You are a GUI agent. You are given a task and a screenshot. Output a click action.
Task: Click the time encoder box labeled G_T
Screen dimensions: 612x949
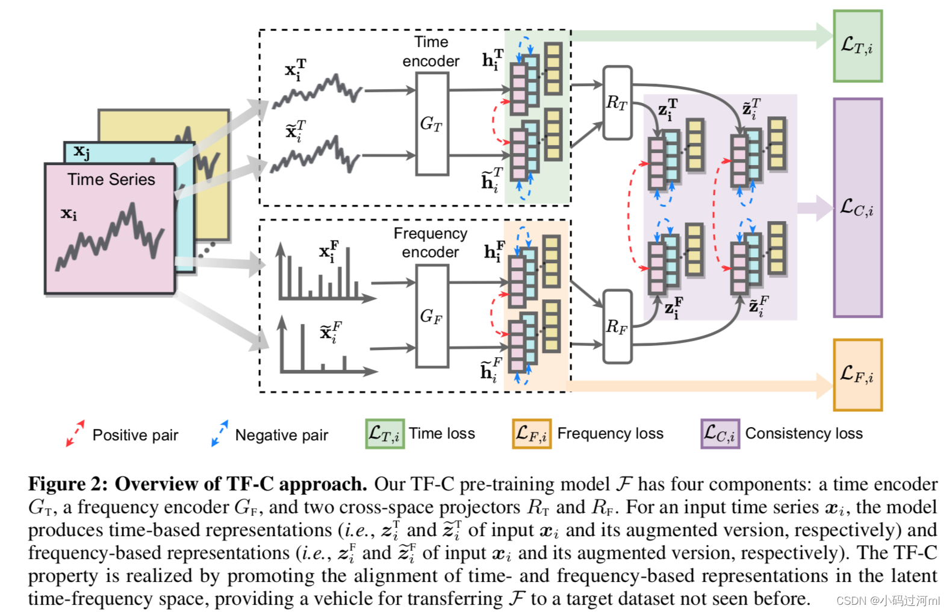432,123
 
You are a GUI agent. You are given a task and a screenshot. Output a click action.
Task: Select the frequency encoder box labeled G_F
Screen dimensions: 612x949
432,316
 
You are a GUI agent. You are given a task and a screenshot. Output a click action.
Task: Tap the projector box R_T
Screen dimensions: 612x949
617,102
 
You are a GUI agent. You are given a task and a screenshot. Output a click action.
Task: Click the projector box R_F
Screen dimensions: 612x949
617,326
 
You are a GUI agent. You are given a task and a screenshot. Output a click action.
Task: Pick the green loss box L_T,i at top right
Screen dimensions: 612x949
857,46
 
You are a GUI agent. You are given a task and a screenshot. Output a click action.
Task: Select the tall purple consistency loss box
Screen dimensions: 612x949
857,208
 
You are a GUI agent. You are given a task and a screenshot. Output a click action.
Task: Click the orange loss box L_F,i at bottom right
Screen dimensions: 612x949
857,375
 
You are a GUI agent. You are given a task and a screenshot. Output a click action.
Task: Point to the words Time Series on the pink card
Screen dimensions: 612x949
111,180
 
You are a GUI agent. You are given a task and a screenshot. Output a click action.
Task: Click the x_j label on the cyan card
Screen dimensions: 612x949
82,151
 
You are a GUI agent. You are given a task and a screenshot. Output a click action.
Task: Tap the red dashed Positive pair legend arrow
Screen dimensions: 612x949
75,433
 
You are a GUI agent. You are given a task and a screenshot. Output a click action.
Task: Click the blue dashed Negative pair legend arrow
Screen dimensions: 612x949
220,433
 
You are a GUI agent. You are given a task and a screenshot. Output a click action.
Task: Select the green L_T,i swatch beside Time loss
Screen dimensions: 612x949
385,434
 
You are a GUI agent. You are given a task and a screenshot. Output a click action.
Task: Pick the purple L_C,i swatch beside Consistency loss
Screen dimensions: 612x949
720,434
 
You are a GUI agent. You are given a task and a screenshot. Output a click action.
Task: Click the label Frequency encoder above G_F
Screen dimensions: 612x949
430,242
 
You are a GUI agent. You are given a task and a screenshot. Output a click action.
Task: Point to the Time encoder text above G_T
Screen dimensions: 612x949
431,51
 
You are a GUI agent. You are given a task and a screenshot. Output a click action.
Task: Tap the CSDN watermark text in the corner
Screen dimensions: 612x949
888,601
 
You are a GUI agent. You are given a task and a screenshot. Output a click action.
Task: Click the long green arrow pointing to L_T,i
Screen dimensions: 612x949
692,36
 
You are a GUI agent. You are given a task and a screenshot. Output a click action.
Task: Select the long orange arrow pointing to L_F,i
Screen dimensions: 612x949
692,386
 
